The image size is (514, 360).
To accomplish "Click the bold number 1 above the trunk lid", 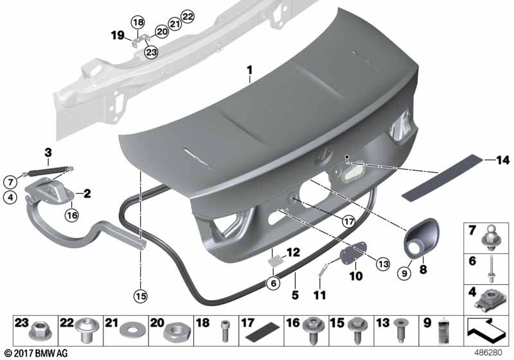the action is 250,70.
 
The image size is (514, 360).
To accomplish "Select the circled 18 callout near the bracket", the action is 138,22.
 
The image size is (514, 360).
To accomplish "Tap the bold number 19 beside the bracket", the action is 118,35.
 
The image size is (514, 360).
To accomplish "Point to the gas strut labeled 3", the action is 48,171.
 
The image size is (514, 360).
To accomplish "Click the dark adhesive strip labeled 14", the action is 443,176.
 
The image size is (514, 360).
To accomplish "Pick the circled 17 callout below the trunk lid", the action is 348,222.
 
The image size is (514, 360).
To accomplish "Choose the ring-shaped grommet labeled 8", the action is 421,239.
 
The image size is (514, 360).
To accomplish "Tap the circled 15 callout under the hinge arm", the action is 141,296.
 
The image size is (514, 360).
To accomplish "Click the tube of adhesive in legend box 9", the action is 443,330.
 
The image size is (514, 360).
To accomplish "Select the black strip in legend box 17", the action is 263,331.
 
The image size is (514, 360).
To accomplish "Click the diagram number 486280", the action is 488,353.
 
